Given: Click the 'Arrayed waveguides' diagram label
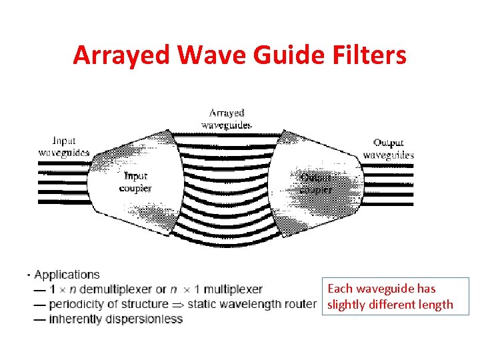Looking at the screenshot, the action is click(227, 119).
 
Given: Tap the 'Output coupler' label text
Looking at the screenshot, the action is click(315, 183).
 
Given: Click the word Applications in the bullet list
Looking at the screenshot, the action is click(67, 275).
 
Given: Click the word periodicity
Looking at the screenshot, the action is click(77, 304).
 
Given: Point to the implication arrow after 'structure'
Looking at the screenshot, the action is click(178, 305).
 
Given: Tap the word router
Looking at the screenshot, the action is click(301, 304).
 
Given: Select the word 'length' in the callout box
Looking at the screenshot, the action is click(436, 305).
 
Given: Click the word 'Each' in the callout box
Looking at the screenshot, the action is click(339, 289).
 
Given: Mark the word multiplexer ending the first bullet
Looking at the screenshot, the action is click(233, 289).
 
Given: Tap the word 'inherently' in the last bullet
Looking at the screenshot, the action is click(74, 319).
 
